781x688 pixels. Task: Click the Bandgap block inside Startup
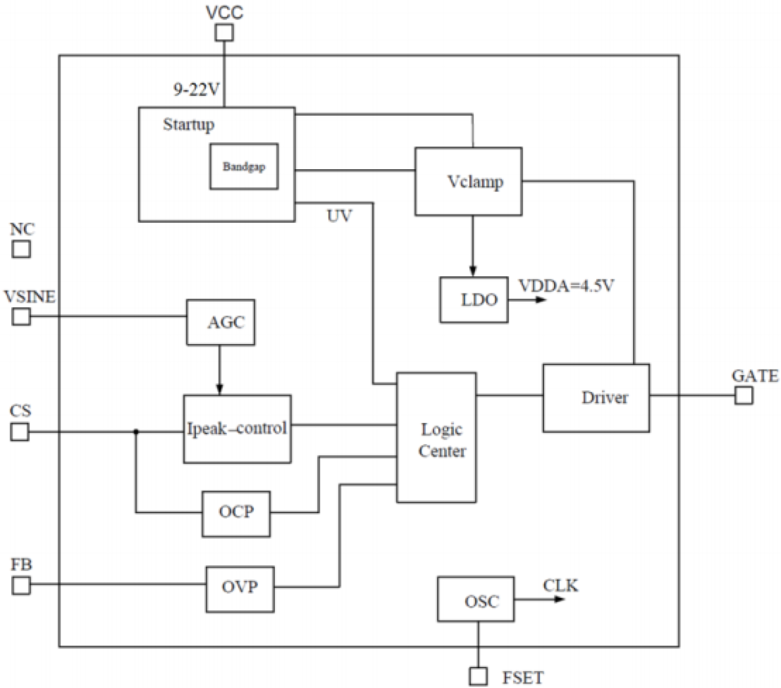[244, 167]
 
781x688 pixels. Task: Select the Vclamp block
[468, 182]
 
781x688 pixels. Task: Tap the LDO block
[474, 300]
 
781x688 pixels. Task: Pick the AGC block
[221, 322]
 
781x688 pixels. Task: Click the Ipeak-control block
[237, 429]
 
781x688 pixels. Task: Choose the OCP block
[236, 513]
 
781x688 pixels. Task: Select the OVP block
[240, 588]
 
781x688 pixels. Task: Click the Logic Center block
[437, 438]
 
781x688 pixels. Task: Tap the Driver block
[596, 398]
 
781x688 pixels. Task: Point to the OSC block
[476, 599]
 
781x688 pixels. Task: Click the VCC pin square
[224, 32]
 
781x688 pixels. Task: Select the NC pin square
[21, 249]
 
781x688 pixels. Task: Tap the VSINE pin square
[21, 317]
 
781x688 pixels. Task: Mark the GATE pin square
[743, 396]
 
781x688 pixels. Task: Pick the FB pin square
[21, 585]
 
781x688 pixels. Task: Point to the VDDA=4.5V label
[566, 286]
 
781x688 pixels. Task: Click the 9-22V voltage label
[196, 90]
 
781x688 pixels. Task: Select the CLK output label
[560, 585]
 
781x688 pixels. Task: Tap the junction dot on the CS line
[136, 432]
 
